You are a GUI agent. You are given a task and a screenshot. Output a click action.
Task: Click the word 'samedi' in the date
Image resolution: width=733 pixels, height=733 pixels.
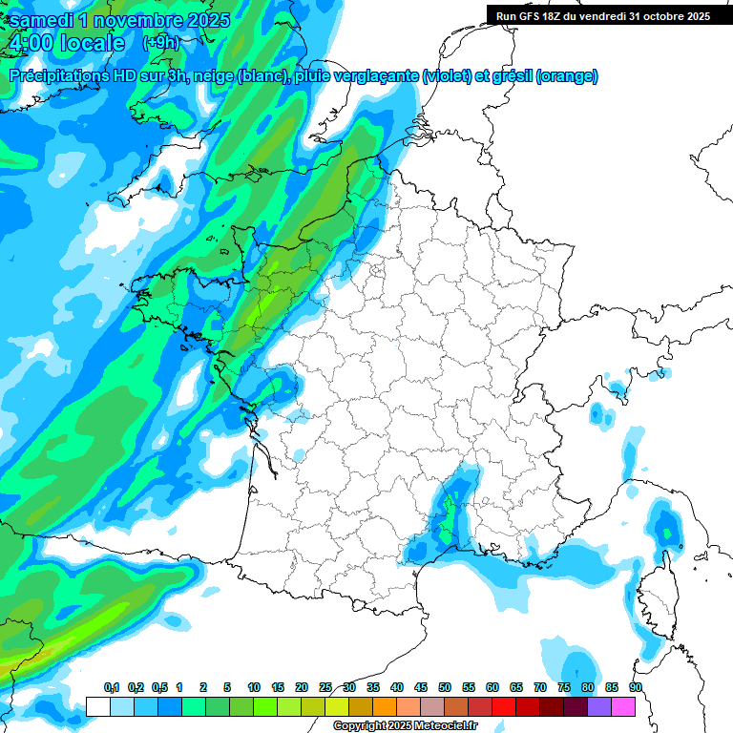tap(38, 20)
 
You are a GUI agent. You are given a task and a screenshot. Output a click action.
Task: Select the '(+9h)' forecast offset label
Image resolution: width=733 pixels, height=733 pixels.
tap(160, 43)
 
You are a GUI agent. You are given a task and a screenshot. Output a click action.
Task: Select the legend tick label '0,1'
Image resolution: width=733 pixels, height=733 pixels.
tap(111, 687)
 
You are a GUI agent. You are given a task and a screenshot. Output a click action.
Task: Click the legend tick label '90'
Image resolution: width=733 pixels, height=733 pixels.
tap(636, 687)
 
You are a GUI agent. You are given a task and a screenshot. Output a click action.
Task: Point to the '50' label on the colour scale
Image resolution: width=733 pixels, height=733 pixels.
tap(445, 687)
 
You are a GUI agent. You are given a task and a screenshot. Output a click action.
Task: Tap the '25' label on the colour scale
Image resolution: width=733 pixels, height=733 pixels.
tap(325, 687)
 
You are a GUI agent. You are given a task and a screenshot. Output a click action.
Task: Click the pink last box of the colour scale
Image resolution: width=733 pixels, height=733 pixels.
tap(623, 706)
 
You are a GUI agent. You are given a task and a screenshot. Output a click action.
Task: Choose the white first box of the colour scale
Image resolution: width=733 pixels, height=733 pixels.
tap(98, 706)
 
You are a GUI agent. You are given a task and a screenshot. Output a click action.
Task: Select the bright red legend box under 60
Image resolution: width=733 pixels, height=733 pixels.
tap(504, 706)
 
